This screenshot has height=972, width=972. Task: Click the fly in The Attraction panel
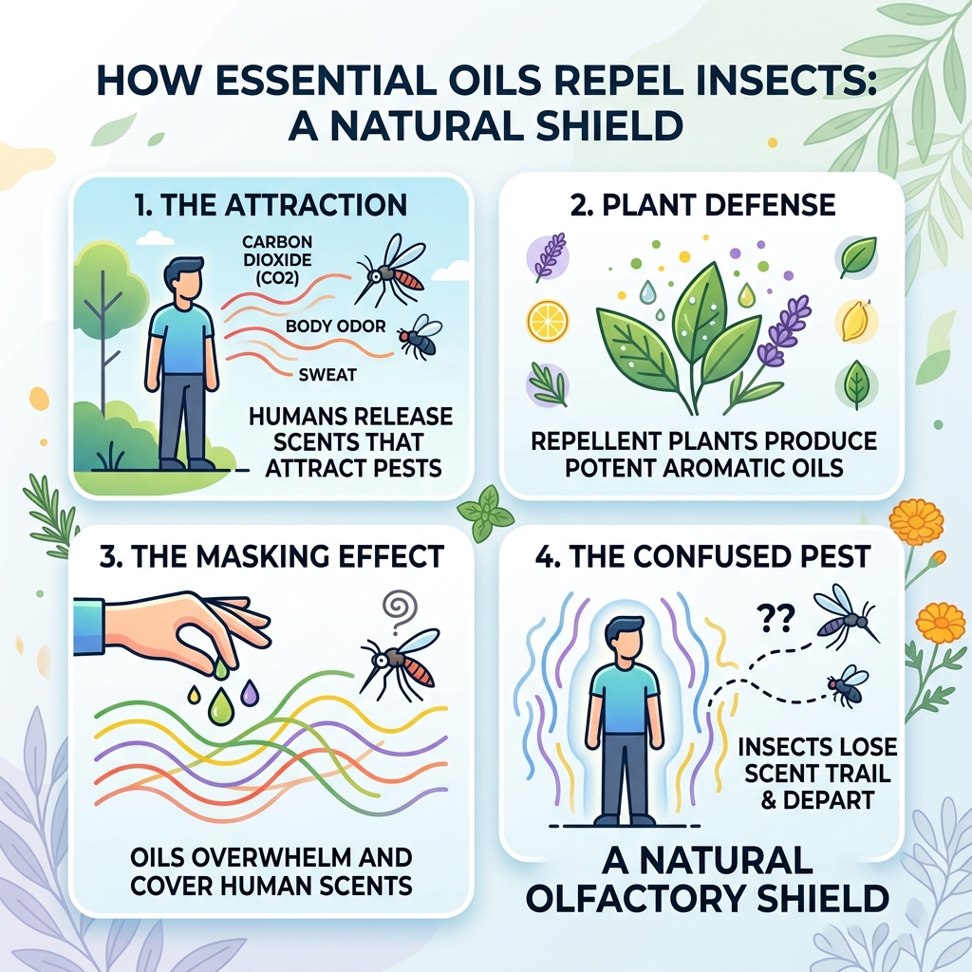coord(419,335)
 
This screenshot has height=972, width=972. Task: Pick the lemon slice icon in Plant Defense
coord(547,324)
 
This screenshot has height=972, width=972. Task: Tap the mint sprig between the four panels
coord(486,513)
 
